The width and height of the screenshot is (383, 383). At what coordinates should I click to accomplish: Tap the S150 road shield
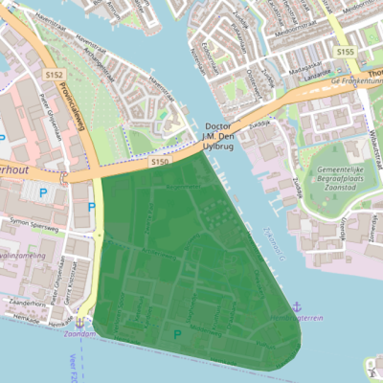pyautogui.click(x=159, y=164)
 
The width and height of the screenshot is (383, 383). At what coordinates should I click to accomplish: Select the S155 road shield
pyautogui.click(x=346, y=51)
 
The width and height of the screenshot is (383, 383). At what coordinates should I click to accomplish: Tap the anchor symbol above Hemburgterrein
pyautogui.click(x=297, y=305)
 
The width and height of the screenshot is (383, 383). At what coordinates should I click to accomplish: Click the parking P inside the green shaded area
pyautogui.click(x=176, y=334)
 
